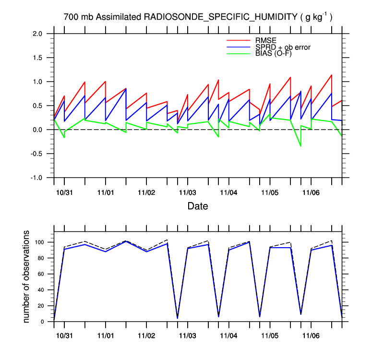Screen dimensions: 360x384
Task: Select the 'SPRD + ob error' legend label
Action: [283, 47]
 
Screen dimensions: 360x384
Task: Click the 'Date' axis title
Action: [198, 206]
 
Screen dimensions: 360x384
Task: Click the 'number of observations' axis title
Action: [27, 276]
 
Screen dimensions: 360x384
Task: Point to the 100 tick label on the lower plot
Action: [40, 242]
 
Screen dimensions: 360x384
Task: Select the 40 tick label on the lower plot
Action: [42, 290]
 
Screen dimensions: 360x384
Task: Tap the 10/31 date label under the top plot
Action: [64, 192]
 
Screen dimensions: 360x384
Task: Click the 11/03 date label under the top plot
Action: [187, 192]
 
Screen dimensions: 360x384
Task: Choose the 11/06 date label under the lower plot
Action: [311, 333]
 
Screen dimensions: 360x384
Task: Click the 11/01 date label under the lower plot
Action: [105, 333]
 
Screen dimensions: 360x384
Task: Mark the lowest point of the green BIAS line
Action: [301, 146]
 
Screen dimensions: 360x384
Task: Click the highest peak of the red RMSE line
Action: [331, 75]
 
